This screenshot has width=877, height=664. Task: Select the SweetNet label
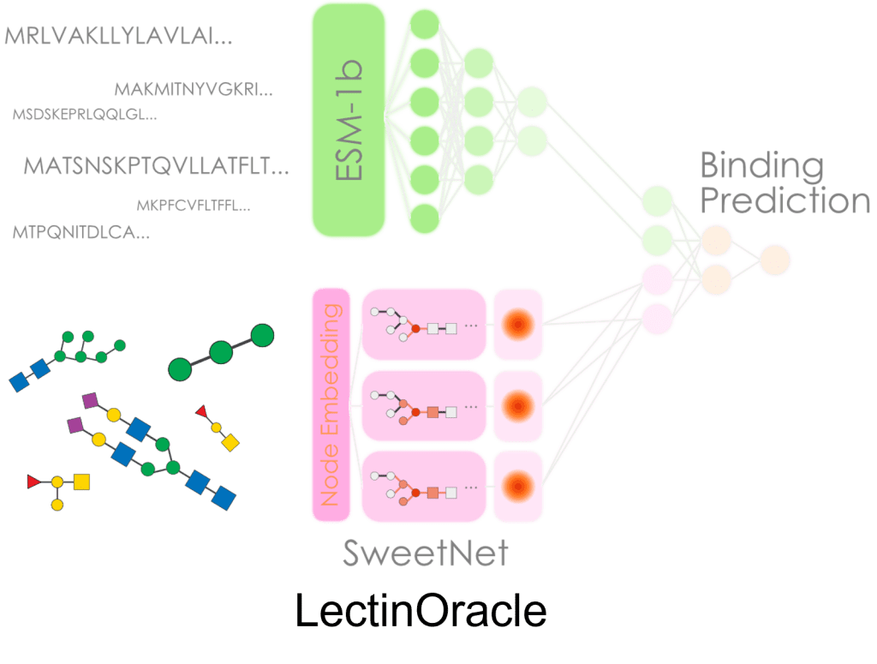[426, 553]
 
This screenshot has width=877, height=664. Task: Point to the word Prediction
[785, 201]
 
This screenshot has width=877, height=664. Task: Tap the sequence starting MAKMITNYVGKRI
[194, 88]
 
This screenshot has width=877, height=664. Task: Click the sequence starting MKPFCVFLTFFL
[194, 206]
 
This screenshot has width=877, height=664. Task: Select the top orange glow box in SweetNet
[517, 324]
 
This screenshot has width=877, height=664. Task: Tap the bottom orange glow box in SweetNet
[517, 485]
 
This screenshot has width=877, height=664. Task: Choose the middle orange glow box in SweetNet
[517, 404]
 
